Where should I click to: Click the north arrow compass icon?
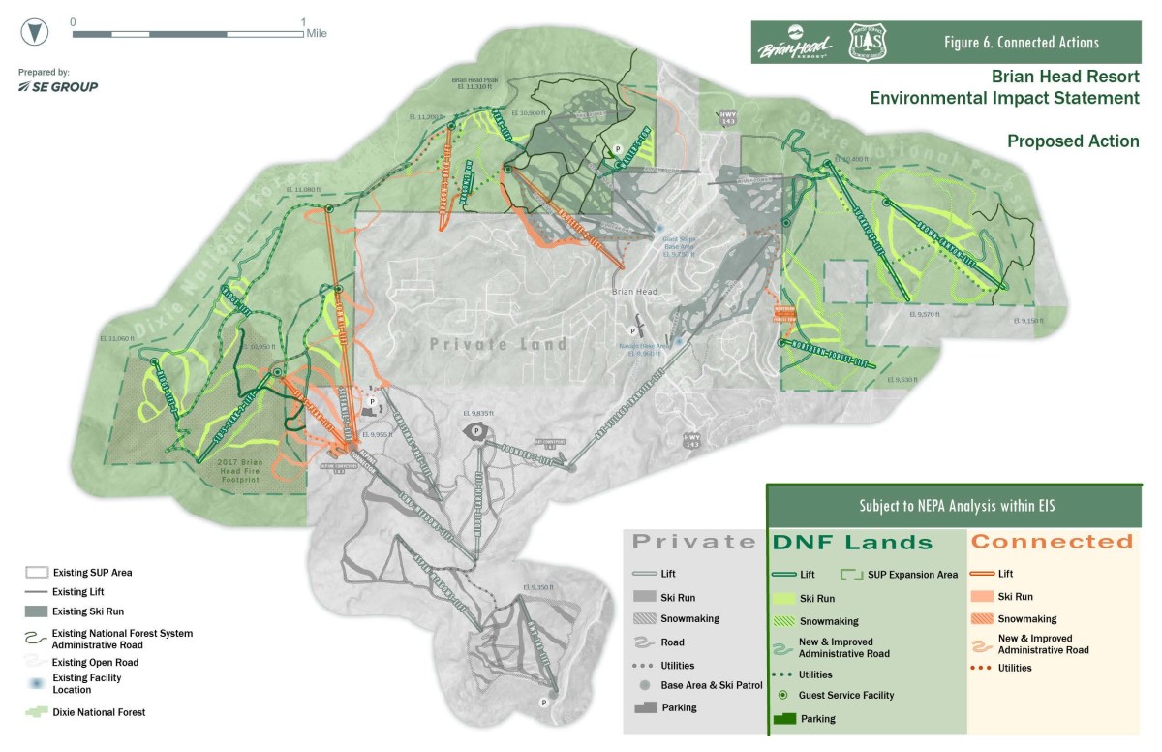pos(36,31)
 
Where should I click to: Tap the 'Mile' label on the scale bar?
pos(317,34)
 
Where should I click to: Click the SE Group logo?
pos(58,87)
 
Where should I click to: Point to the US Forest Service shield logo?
pos(867,43)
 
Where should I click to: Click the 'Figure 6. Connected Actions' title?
pos(1021,43)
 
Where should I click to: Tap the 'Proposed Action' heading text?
pos(1072,141)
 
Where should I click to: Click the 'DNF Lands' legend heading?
pos(851,543)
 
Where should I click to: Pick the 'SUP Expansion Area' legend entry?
pos(910,575)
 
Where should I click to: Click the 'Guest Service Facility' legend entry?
pos(846,695)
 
